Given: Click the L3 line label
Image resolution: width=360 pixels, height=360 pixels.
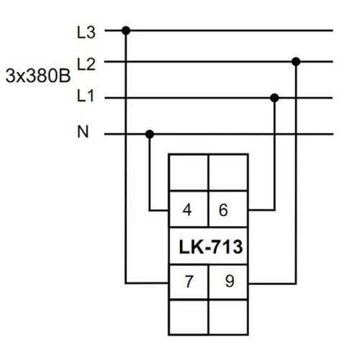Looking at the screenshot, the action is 86,32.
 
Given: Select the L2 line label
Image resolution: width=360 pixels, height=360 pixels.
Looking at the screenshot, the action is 86,64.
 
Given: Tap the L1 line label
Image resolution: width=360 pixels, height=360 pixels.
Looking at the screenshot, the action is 86,96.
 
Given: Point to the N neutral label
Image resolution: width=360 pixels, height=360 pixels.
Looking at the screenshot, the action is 83,132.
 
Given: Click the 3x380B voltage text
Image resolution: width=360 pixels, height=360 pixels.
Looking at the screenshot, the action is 38,76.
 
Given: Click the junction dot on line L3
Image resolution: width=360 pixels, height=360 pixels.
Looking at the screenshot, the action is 126,31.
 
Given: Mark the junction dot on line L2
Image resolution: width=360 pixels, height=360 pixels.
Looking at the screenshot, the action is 296,62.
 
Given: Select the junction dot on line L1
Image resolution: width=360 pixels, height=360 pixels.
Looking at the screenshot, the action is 274,98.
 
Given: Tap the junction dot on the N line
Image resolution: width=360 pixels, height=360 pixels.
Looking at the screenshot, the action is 150,134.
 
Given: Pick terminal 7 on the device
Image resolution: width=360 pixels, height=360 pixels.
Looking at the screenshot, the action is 189,282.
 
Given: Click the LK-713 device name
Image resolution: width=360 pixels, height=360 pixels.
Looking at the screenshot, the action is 211,247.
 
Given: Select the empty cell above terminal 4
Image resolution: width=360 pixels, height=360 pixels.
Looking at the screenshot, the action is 189,172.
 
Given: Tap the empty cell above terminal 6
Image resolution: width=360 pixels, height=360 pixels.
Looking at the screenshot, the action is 228,172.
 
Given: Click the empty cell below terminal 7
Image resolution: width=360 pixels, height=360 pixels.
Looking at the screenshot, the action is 189,317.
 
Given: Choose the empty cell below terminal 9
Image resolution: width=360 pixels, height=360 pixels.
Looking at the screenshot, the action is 228,317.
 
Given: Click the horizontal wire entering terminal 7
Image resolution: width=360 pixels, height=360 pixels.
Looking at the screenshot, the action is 147,284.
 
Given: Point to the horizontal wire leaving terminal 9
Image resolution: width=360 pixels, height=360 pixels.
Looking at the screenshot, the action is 272,284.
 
